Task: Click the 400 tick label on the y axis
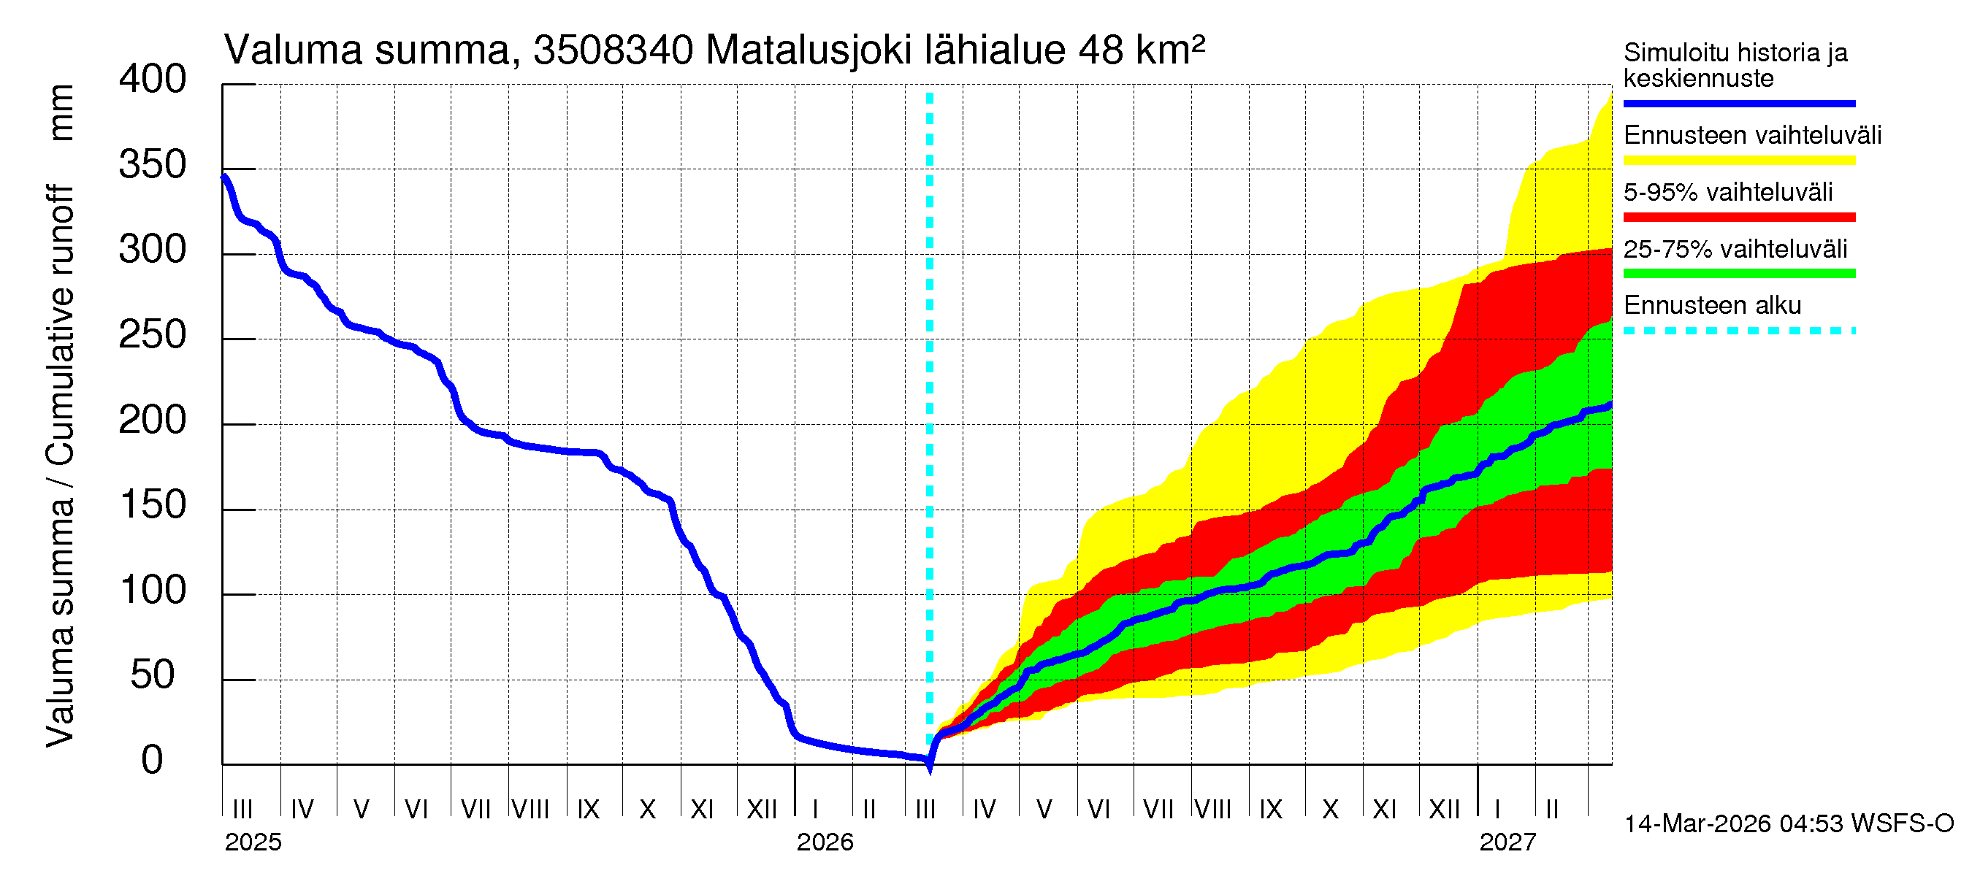pos(152,80)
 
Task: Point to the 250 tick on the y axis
pos(152,336)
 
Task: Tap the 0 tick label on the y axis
pos(152,761)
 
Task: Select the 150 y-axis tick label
pos(152,506)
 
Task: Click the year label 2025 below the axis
pos(253,842)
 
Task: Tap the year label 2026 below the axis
pos(825,842)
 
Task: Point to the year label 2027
pos(1507,842)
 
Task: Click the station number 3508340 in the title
pos(614,50)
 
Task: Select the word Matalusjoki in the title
pos(809,50)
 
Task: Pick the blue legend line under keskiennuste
pos(1738,103)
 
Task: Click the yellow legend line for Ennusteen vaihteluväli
pos(1738,161)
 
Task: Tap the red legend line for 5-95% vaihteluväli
pos(1738,218)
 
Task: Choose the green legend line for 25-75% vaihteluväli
pos(1738,274)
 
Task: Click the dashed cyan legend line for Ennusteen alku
pos(1738,331)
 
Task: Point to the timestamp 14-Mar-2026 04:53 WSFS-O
pos(1788,824)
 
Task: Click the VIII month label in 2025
pos(530,809)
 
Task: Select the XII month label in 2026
pos(1445,809)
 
